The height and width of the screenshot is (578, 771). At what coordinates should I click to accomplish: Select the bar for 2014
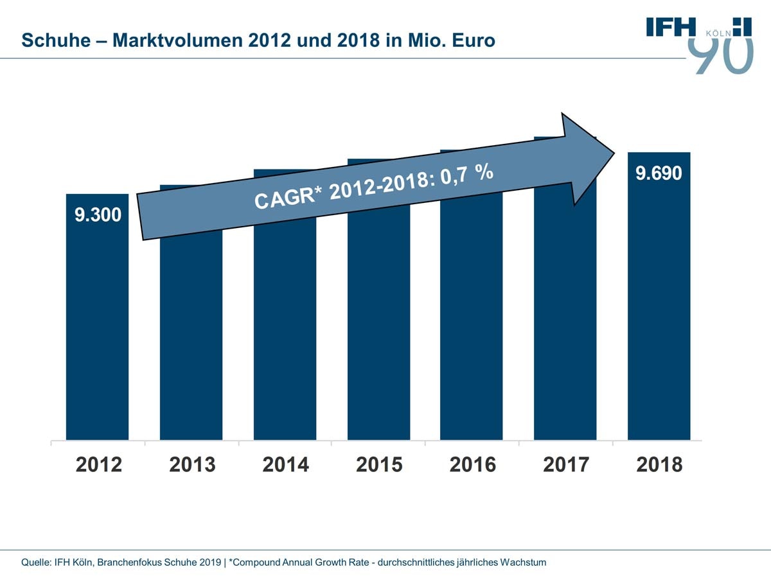click(285, 334)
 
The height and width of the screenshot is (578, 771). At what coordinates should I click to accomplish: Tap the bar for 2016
click(471, 334)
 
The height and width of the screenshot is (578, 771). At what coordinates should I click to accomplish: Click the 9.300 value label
click(98, 215)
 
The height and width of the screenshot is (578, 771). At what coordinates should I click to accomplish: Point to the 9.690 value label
click(659, 173)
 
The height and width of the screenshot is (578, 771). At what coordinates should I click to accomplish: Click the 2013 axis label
click(192, 464)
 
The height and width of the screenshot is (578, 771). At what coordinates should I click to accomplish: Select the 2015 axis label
click(379, 464)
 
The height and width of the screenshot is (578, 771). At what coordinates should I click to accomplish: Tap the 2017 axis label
click(566, 464)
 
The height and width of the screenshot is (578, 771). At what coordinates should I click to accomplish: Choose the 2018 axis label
click(659, 464)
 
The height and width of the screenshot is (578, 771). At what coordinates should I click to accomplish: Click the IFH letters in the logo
click(671, 26)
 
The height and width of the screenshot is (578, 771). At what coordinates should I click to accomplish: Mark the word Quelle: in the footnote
click(37, 563)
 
